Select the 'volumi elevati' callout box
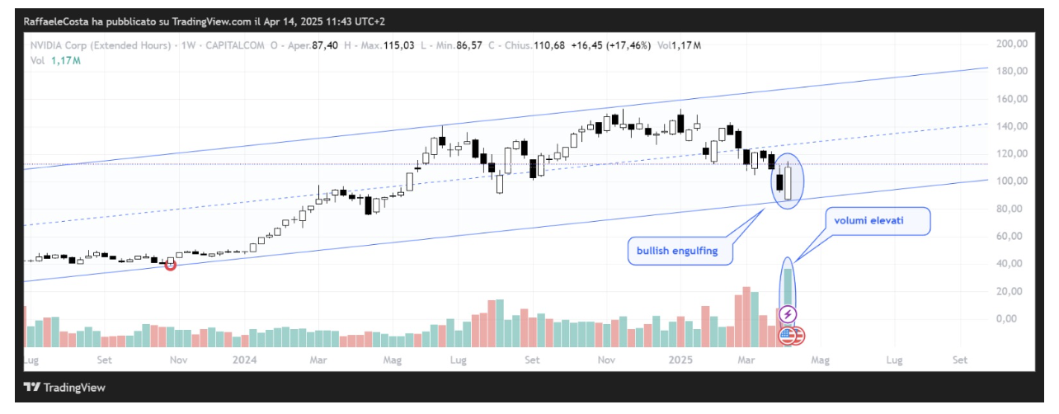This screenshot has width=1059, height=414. tap(879, 221)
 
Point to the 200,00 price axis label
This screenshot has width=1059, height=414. tap(1012, 44)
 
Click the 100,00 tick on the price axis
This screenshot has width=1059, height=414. tap(1012, 181)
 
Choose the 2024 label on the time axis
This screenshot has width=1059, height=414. tap(244, 360)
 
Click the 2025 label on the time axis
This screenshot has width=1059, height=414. tap(680, 360)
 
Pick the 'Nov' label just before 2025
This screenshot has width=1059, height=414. tap(606, 360)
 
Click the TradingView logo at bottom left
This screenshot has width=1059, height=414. tap(64, 388)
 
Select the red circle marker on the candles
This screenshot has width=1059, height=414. tap(171, 264)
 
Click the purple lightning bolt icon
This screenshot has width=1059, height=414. tap(788, 314)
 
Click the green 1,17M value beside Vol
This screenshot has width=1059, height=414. tap(65, 60)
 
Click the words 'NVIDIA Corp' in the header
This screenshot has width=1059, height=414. tap(60, 45)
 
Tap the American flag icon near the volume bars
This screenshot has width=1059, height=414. tap(788, 335)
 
